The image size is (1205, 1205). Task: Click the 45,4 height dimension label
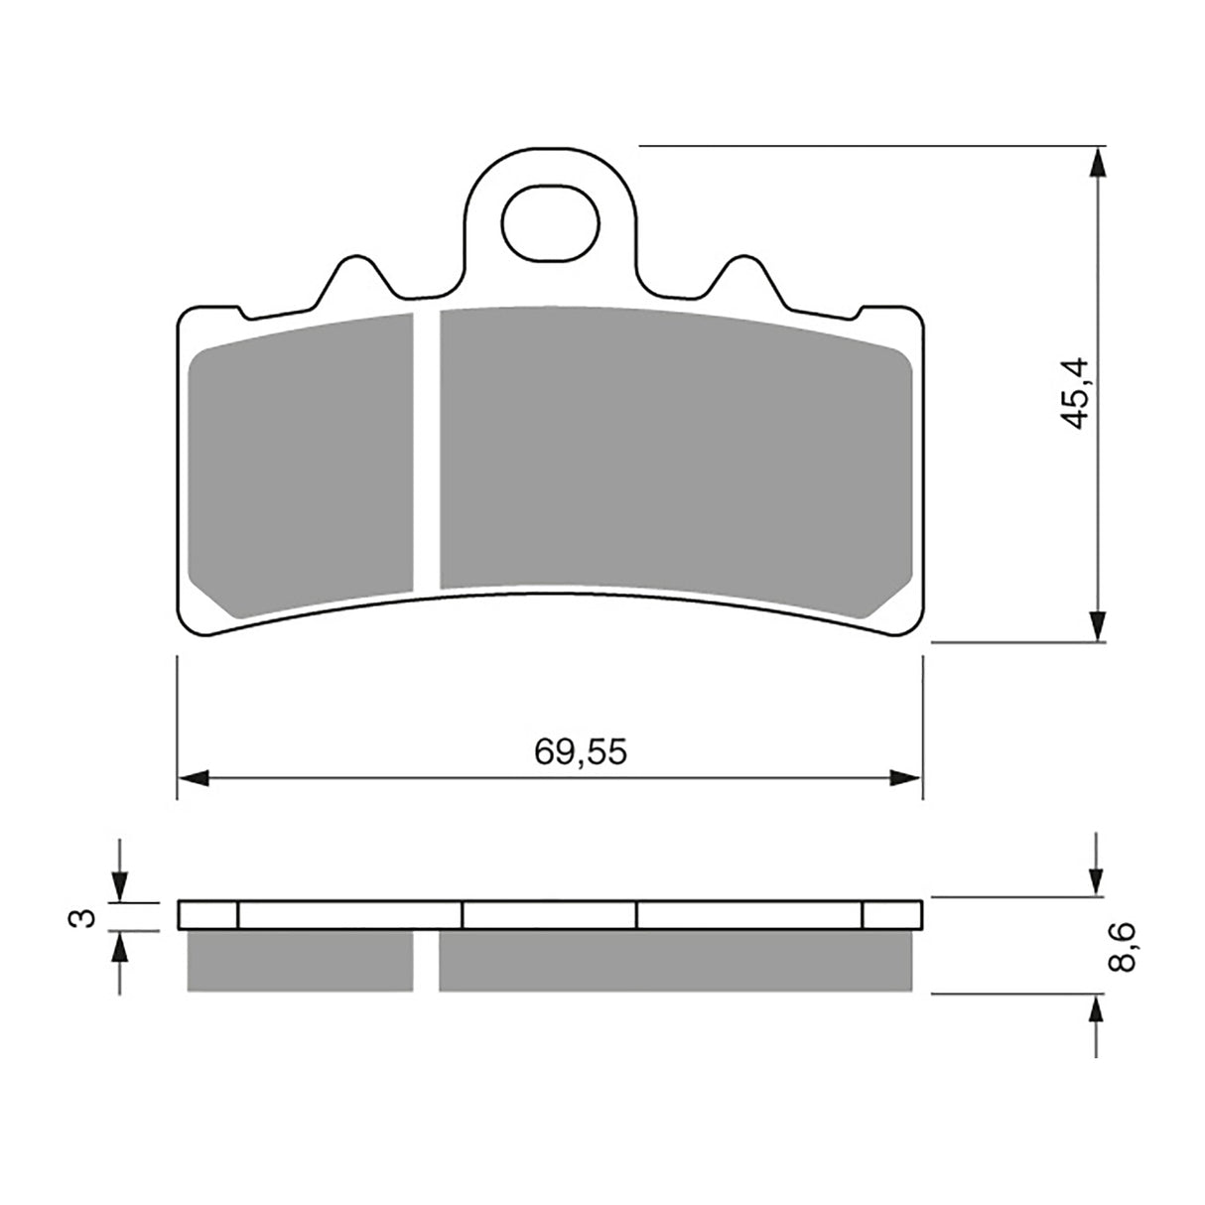tap(1076, 393)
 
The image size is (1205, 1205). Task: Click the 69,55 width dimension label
tap(581, 752)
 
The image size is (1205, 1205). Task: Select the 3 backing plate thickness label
tap(87, 916)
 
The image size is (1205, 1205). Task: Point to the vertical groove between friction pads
tap(426, 453)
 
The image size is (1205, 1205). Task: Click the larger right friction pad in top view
tap(672, 453)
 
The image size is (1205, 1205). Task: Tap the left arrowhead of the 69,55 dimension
tap(194, 777)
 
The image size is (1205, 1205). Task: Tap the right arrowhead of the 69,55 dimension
tap(907, 777)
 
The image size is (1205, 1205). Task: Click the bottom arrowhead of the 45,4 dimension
tap(1097, 625)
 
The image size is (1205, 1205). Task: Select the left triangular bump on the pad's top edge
tap(350, 278)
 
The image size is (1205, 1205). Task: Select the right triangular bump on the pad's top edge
tap(742, 278)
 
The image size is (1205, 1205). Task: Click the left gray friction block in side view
tap(300, 961)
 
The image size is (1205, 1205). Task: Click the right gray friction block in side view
tap(675, 961)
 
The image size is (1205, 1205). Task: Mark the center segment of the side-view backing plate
tap(549, 914)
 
